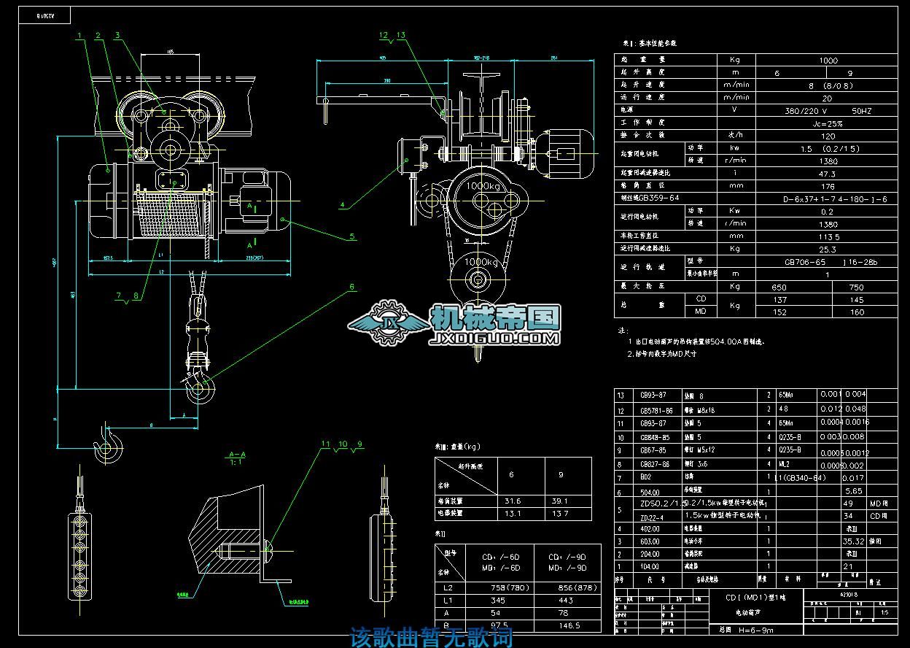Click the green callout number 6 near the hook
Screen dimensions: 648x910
[x=352, y=288]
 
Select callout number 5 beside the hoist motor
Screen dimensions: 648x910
[x=352, y=236]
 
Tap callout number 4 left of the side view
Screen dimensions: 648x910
[x=342, y=206]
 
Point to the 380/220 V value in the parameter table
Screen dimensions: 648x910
[x=805, y=111]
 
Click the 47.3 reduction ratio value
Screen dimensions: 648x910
[x=827, y=174]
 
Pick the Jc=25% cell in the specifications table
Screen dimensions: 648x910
[x=827, y=123]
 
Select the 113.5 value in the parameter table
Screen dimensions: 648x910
[x=827, y=236]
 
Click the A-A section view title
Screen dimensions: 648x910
[x=237, y=454]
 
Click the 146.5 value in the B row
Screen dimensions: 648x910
[x=569, y=625]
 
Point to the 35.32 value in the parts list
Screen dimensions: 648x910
[x=852, y=541]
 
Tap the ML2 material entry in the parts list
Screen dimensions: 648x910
[x=785, y=463]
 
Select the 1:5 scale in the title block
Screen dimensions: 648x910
[x=884, y=614]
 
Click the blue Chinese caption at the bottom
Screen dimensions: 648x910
[x=432, y=637]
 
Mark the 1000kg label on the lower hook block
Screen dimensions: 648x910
[x=481, y=261]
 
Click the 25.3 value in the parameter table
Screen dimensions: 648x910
[x=827, y=249]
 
